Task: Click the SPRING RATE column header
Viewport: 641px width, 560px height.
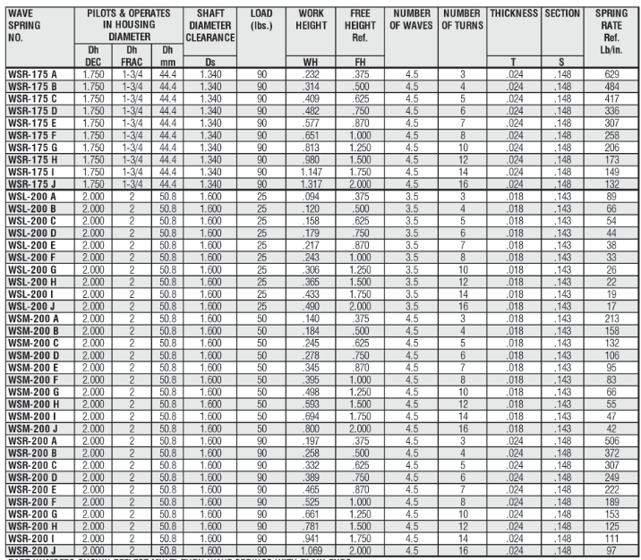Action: click(x=611, y=32)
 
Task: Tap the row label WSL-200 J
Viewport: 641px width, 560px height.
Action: click(x=32, y=306)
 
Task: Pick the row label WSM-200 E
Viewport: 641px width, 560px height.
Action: click(x=33, y=366)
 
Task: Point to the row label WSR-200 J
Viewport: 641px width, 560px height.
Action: click(x=33, y=548)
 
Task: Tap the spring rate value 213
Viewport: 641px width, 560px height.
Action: click(x=611, y=318)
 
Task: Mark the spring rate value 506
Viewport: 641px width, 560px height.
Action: click(x=611, y=439)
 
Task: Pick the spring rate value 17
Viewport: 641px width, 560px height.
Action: click(x=611, y=306)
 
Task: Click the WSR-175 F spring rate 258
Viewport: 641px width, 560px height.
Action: click(x=611, y=134)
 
